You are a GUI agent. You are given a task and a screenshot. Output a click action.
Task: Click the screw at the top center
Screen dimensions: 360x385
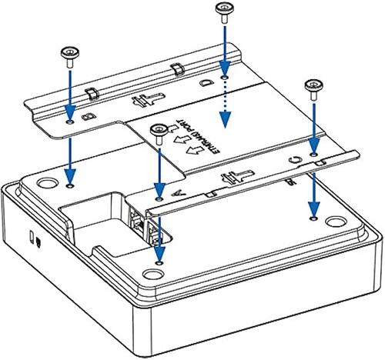point(224,12)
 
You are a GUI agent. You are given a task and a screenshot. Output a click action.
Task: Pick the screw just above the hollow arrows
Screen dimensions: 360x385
point(159,128)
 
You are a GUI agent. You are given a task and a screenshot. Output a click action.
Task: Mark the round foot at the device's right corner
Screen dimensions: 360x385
point(336,224)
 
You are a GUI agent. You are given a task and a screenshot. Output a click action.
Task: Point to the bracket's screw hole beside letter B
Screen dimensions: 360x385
point(70,122)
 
